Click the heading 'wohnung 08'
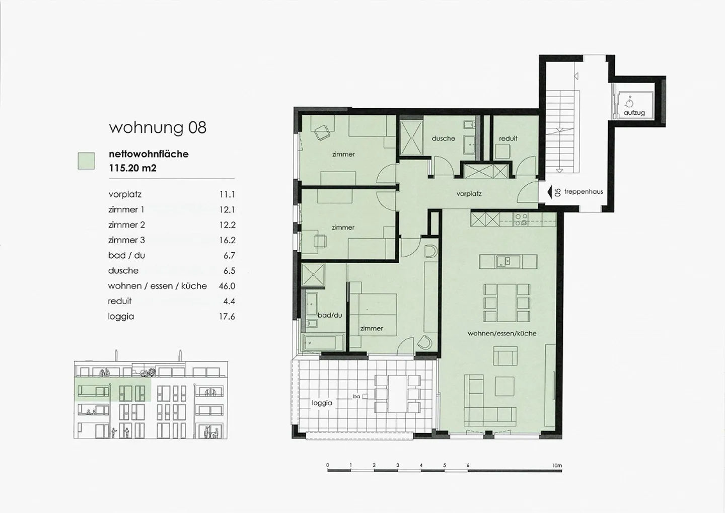point(158,127)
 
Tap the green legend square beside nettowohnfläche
point(86,161)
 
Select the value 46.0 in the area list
point(227,286)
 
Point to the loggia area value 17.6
point(227,316)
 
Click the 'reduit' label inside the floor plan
point(508,138)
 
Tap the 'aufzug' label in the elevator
point(634,113)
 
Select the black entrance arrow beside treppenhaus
point(549,192)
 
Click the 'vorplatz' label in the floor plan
point(469,194)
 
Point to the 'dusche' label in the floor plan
point(443,138)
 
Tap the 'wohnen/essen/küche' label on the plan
point(502,333)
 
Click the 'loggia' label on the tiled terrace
point(322,403)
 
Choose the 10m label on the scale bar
point(557,465)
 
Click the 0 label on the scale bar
point(328,465)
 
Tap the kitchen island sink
point(503,261)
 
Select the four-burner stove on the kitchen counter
point(521,219)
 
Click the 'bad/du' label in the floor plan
point(330,315)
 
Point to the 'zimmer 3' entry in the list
point(126,240)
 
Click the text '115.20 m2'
point(133,168)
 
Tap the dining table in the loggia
point(397,394)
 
